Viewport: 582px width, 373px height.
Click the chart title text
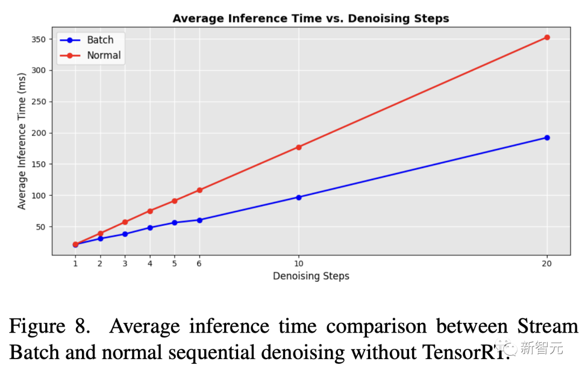coord(310,18)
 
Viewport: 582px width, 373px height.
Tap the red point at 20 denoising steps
coord(547,37)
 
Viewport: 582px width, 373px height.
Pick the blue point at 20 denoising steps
coord(547,137)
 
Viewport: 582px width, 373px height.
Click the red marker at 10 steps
coord(299,147)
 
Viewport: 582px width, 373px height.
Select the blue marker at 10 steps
coord(299,197)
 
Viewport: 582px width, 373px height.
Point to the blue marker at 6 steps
coord(199,220)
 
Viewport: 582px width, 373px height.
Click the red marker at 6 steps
coord(199,190)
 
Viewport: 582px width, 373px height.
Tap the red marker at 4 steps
coord(150,211)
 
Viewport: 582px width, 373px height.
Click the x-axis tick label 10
coord(299,264)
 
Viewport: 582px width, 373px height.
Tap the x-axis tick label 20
coord(547,264)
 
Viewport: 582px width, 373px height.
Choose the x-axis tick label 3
coord(125,264)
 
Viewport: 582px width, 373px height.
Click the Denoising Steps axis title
coord(311,276)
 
